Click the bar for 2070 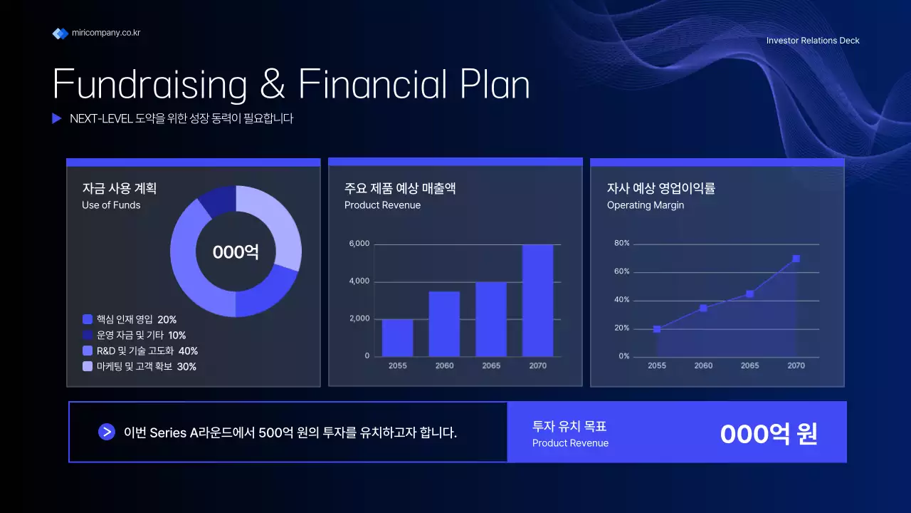tap(537, 300)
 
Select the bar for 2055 tap(397, 338)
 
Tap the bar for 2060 tap(444, 323)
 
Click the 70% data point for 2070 tap(796, 259)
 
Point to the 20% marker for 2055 tap(657, 329)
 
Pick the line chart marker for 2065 tap(749, 294)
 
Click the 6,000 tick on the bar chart tap(359, 244)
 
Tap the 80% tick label tap(621, 244)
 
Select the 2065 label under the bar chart tap(491, 366)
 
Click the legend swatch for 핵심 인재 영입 tap(88, 319)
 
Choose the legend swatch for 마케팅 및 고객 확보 tap(88, 366)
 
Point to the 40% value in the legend tap(188, 351)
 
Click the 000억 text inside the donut tap(236, 252)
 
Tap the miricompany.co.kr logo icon tap(60, 33)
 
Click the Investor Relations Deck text tap(813, 41)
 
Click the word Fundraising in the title tap(149, 84)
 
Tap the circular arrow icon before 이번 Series tap(107, 432)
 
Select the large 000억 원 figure tap(769, 433)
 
